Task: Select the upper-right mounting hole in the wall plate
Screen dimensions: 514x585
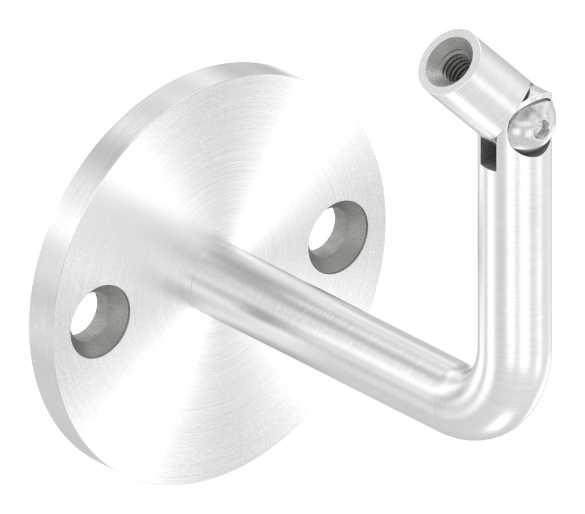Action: (x=338, y=237)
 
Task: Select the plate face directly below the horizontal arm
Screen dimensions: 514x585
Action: (x=238, y=385)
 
